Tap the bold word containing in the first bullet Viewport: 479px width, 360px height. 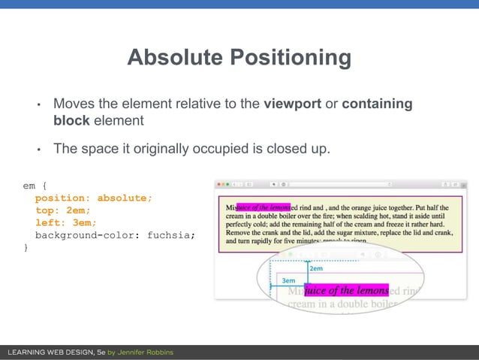pos(377,104)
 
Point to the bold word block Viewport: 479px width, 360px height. pos(71,120)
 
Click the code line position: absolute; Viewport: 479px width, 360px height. pos(93,198)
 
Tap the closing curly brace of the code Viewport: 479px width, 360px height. pos(26,247)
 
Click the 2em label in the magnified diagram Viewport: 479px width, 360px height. pos(316,268)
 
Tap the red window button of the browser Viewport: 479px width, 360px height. pos(218,183)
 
